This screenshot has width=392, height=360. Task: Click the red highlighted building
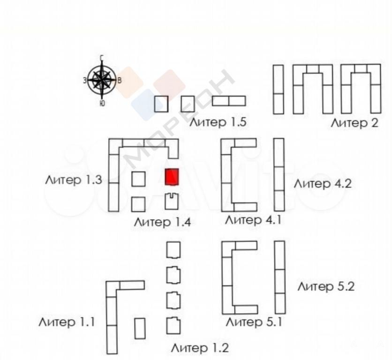pyautogui.click(x=172, y=177)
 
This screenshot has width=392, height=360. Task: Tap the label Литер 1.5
pyautogui.click(x=218, y=122)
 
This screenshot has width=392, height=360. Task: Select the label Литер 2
pyautogui.click(x=354, y=123)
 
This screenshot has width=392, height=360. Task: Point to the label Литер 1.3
pyautogui.click(x=74, y=180)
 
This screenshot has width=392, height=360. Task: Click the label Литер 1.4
pyautogui.click(x=162, y=222)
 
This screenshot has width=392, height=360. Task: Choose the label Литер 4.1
pyautogui.click(x=253, y=220)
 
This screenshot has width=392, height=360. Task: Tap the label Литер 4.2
pyautogui.click(x=323, y=183)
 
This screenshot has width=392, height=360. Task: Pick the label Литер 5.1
pyautogui.click(x=254, y=322)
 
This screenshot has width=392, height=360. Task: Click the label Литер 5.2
pyautogui.click(x=326, y=286)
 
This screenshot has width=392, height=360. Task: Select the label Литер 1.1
pyautogui.click(x=67, y=322)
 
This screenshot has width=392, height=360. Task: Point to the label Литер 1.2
pyautogui.click(x=200, y=348)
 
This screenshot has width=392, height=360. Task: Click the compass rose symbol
pyautogui.click(x=102, y=80)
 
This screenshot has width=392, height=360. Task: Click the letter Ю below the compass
pyautogui.click(x=102, y=103)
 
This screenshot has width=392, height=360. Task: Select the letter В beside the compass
pyautogui.click(x=120, y=81)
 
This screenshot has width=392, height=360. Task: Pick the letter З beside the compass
pyautogui.click(x=85, y=80)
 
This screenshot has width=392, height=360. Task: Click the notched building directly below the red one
pyautogui.click(x=172, y=202)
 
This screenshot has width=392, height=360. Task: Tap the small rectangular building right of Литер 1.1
pyautogui.click(x=140, y=329)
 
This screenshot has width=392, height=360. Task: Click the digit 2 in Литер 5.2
pyautogui.click(x=351, y=286)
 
